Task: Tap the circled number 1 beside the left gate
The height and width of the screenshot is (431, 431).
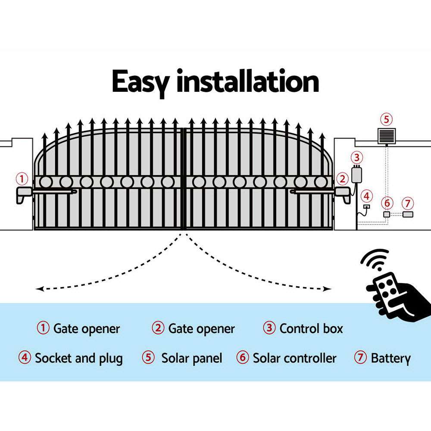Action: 22,178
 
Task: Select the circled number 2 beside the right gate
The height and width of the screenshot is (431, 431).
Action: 342,178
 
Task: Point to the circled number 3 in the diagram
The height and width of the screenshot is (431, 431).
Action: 356,157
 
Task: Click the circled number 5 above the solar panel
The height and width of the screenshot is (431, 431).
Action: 386,119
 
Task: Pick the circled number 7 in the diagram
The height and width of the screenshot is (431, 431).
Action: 407,203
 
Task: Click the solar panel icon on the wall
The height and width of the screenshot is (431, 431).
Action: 386,136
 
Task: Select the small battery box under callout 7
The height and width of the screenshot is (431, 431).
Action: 407,214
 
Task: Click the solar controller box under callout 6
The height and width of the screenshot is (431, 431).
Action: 387,214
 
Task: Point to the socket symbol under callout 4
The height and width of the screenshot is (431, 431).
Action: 366,207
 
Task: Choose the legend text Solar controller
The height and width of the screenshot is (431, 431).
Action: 294,358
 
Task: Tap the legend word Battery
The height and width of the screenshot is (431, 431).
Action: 390,358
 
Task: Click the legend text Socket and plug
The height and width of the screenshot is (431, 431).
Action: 79,358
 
